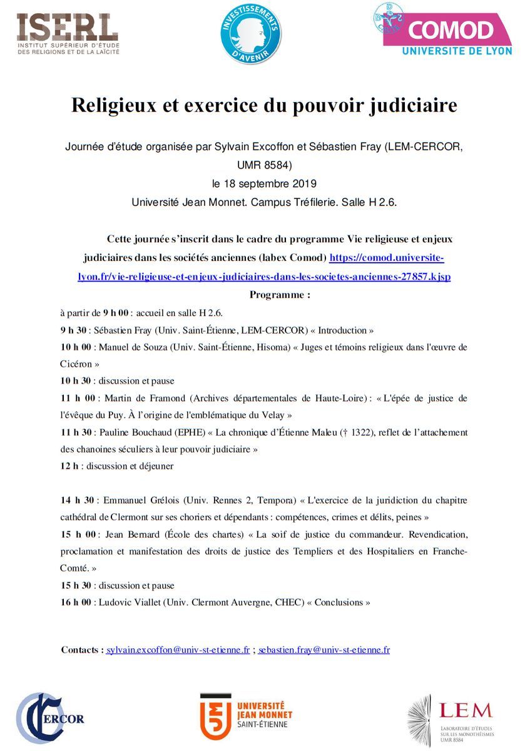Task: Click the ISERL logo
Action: [67, 33]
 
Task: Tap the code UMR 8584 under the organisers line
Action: [264, 166]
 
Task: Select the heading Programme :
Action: [280, 294]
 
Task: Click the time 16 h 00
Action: [77, 602]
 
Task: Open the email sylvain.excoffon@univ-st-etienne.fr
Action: [178, 650]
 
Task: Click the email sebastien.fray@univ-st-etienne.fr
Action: [324, 650]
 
